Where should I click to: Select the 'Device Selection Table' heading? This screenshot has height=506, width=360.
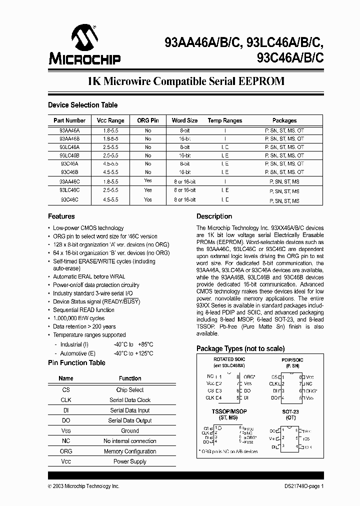click(82, 105)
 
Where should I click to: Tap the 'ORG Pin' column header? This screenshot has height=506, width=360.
click(147, 120)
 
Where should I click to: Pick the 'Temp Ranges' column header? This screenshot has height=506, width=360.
click(225, 120)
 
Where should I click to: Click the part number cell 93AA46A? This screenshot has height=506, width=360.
click(69, 129)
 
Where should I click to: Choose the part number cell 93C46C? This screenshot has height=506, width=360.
click(69, 200)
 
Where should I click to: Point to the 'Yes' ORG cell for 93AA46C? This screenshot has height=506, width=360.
click(147, 181)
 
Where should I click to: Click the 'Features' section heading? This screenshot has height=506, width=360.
click(61, 216)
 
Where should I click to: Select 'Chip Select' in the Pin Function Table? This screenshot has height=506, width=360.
click(130, 390)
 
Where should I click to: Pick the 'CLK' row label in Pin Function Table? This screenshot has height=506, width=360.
click(66, 400)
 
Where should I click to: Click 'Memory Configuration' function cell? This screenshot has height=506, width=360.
click(130, 451)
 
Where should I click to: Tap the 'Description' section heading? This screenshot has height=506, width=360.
click(214, 216)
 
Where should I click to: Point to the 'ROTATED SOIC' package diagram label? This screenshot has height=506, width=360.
click(229, 359)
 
